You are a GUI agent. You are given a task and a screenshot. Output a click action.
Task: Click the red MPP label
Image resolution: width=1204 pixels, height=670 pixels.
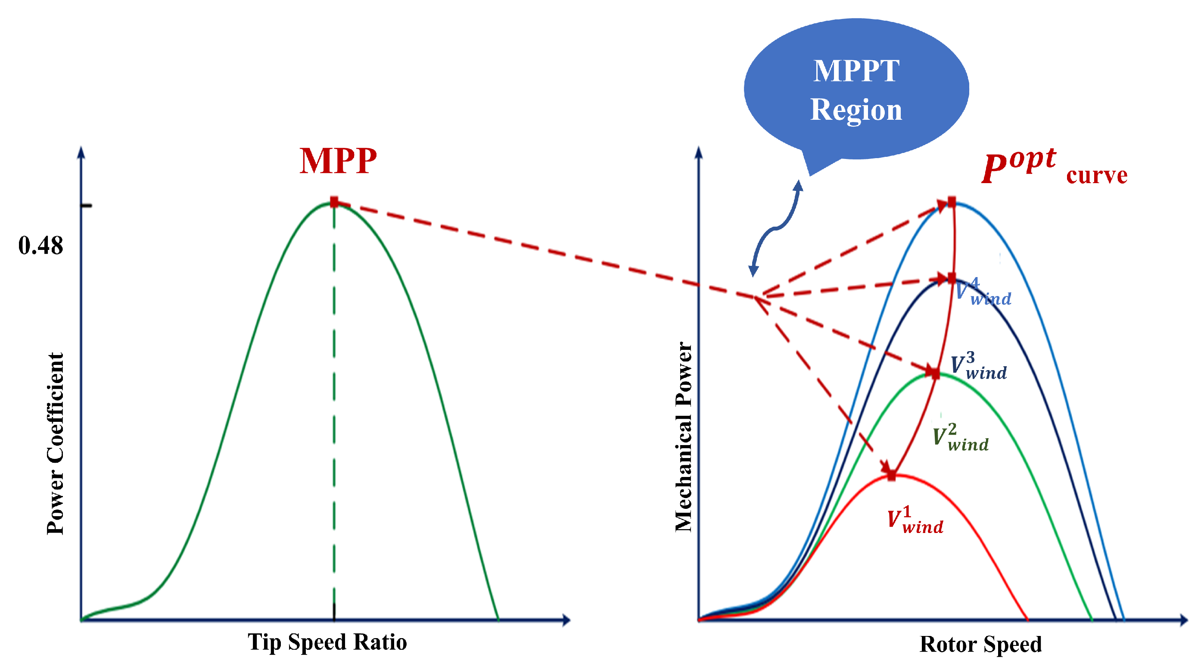[338, 161]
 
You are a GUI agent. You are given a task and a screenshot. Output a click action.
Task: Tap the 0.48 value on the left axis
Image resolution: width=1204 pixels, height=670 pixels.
[40, 246]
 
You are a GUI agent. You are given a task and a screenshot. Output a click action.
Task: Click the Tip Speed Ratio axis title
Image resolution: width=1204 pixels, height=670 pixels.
[327, 642]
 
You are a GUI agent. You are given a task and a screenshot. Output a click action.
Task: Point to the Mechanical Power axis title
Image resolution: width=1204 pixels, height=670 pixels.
[683, 437]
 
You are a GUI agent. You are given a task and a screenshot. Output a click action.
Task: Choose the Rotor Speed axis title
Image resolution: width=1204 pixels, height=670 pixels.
[980, 644]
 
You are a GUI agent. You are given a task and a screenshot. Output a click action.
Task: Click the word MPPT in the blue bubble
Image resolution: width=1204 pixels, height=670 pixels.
[856, 71]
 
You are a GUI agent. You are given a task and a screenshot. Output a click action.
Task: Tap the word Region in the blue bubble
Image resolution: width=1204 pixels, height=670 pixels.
[856, 110]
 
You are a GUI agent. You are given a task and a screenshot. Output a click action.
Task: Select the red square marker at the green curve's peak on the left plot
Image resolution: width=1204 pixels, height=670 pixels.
[334, 202]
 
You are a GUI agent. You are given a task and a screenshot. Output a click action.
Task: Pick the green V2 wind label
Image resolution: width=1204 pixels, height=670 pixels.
[961, 438]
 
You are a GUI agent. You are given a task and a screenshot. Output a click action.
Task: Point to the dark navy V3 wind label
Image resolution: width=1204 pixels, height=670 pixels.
[978, 366]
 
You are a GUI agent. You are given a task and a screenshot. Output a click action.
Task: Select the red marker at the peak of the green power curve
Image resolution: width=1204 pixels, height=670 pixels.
[935, 373]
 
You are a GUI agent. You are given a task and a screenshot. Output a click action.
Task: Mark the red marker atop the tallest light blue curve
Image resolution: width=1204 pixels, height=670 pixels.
[952, 202]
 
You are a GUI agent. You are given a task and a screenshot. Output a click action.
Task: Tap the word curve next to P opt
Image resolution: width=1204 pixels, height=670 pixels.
[1096, 175]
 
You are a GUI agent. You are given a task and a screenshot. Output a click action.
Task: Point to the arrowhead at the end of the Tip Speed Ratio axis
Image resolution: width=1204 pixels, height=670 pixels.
[566, 620]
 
